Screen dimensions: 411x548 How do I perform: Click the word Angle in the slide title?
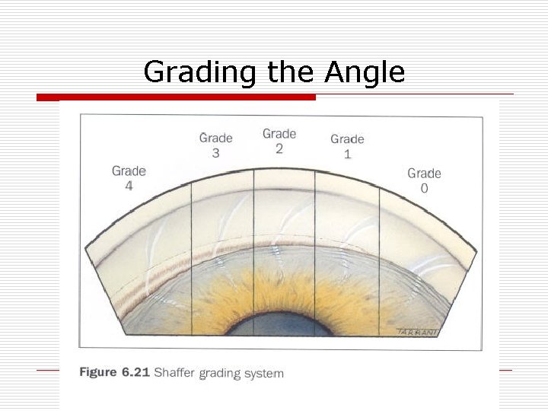(x=365, y=73)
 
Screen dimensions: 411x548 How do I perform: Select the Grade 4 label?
(x=129, y=178)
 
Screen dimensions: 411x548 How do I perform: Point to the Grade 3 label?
(x=215, y=145)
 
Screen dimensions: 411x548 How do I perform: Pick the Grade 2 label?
(x=279, y=141)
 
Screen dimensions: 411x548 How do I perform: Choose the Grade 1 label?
(x=347, y=146)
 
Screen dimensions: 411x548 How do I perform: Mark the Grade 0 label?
(x=424, y=180)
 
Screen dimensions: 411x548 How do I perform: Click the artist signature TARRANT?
(x=416, y=331)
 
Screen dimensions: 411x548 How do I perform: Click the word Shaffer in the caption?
(x=176, y=373)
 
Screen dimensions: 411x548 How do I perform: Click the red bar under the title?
(x=176, y=97)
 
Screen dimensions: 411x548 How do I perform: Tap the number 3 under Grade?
(x=215, y=152)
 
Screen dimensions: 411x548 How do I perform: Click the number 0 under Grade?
(x=424, y=188)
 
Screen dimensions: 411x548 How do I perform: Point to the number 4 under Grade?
(x=129, y=186)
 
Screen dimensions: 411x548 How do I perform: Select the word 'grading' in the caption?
(x=221, y=374)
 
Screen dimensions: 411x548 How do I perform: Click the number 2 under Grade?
(x=279, y=148)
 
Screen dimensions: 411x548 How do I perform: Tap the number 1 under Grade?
(x=347, y=154)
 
